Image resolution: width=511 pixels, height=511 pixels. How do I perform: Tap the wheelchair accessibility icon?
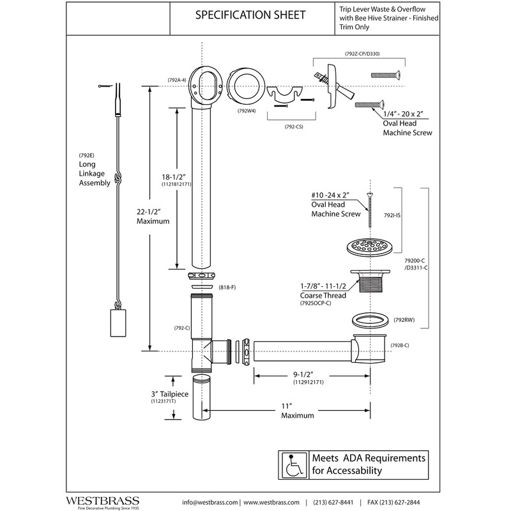click(293, 465)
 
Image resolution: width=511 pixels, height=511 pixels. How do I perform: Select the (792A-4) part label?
click(177, 80)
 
